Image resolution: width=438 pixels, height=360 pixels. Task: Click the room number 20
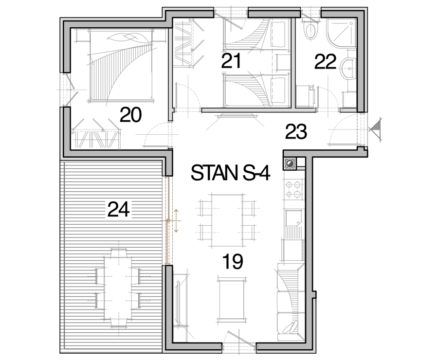tap(131, 115)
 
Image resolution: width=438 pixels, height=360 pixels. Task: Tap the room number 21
tap(231, 61)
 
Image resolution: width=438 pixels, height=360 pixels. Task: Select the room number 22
tap(325, 62)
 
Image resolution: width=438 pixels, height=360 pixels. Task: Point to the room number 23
tap(296, 132)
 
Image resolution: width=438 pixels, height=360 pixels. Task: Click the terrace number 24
tap(118, 210)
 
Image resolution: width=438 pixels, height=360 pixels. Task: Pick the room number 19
tap(233, 262)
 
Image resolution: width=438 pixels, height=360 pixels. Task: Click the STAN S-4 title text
tap(230, 173)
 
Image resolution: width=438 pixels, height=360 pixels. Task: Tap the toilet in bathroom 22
tap(311, 30)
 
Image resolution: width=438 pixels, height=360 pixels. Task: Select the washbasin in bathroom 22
tap(348, 69)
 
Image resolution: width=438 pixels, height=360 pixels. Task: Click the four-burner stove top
tap(294, 189)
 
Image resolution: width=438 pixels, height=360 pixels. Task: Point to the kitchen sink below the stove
tap(293, 218)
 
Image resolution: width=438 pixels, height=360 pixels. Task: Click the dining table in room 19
tap(226, 221)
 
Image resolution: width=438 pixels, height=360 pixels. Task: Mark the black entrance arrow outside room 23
tap(375, 129)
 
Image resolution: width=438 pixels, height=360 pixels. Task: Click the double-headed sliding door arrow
tap(176, 221)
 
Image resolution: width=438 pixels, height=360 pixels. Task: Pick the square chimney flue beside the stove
tap(290, 163)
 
